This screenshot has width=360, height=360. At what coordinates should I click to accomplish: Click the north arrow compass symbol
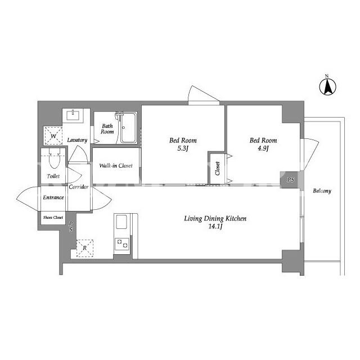tap(327, 86)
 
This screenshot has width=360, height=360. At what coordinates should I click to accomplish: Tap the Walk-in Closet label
tap(116, 165)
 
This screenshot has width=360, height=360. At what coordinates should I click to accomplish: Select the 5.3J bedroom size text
tap(183, 148)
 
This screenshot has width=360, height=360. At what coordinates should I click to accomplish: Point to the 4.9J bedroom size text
tap(263, 148)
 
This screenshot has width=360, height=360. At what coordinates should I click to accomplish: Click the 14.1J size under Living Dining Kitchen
tap(215, 227)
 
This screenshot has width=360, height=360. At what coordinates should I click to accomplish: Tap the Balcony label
tap(322, 191)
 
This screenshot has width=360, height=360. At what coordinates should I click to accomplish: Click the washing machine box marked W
tap(53, 136)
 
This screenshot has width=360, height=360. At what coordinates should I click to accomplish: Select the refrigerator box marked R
tap(85, 248)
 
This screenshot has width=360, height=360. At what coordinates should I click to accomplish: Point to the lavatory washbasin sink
tap(73, 115)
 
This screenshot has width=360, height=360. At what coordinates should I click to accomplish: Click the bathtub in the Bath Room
tap(129, 128)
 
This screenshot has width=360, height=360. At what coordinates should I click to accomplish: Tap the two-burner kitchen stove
tap(122, 244)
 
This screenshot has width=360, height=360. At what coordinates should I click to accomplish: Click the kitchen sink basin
tap(121, 222)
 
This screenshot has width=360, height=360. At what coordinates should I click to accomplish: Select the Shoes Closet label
tap(53, 217)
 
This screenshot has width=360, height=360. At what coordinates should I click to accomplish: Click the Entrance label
tap(53, 197)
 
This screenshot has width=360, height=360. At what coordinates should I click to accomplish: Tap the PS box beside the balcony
tap(290, 180)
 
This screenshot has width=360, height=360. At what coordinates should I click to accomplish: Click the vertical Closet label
tap(218, 168)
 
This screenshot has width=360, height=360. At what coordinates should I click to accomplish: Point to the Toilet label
tap(53, 176)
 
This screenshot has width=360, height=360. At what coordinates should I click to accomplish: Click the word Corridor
tap(79, 187)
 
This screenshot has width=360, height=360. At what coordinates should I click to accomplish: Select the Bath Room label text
tap(107, 129)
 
